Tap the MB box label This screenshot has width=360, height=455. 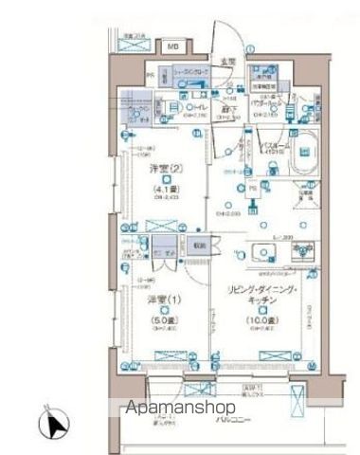pyautogui.click(x=174, y=45)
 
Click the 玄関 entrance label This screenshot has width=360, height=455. pyautogui.click(x=228, y=62)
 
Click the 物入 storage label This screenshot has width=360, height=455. pyautogui.click(x=196, y=243)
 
